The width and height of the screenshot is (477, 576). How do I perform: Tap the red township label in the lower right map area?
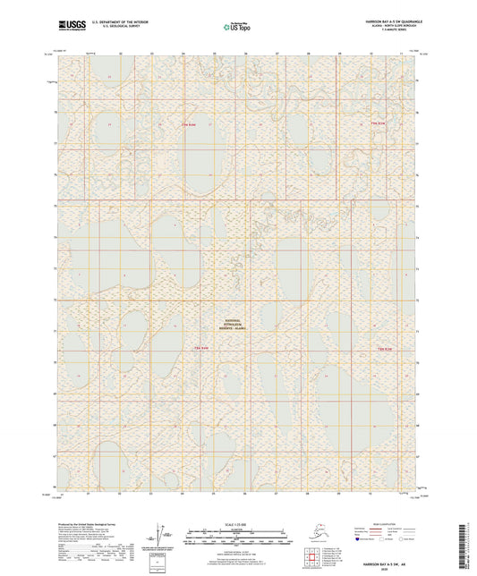(386, 347)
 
